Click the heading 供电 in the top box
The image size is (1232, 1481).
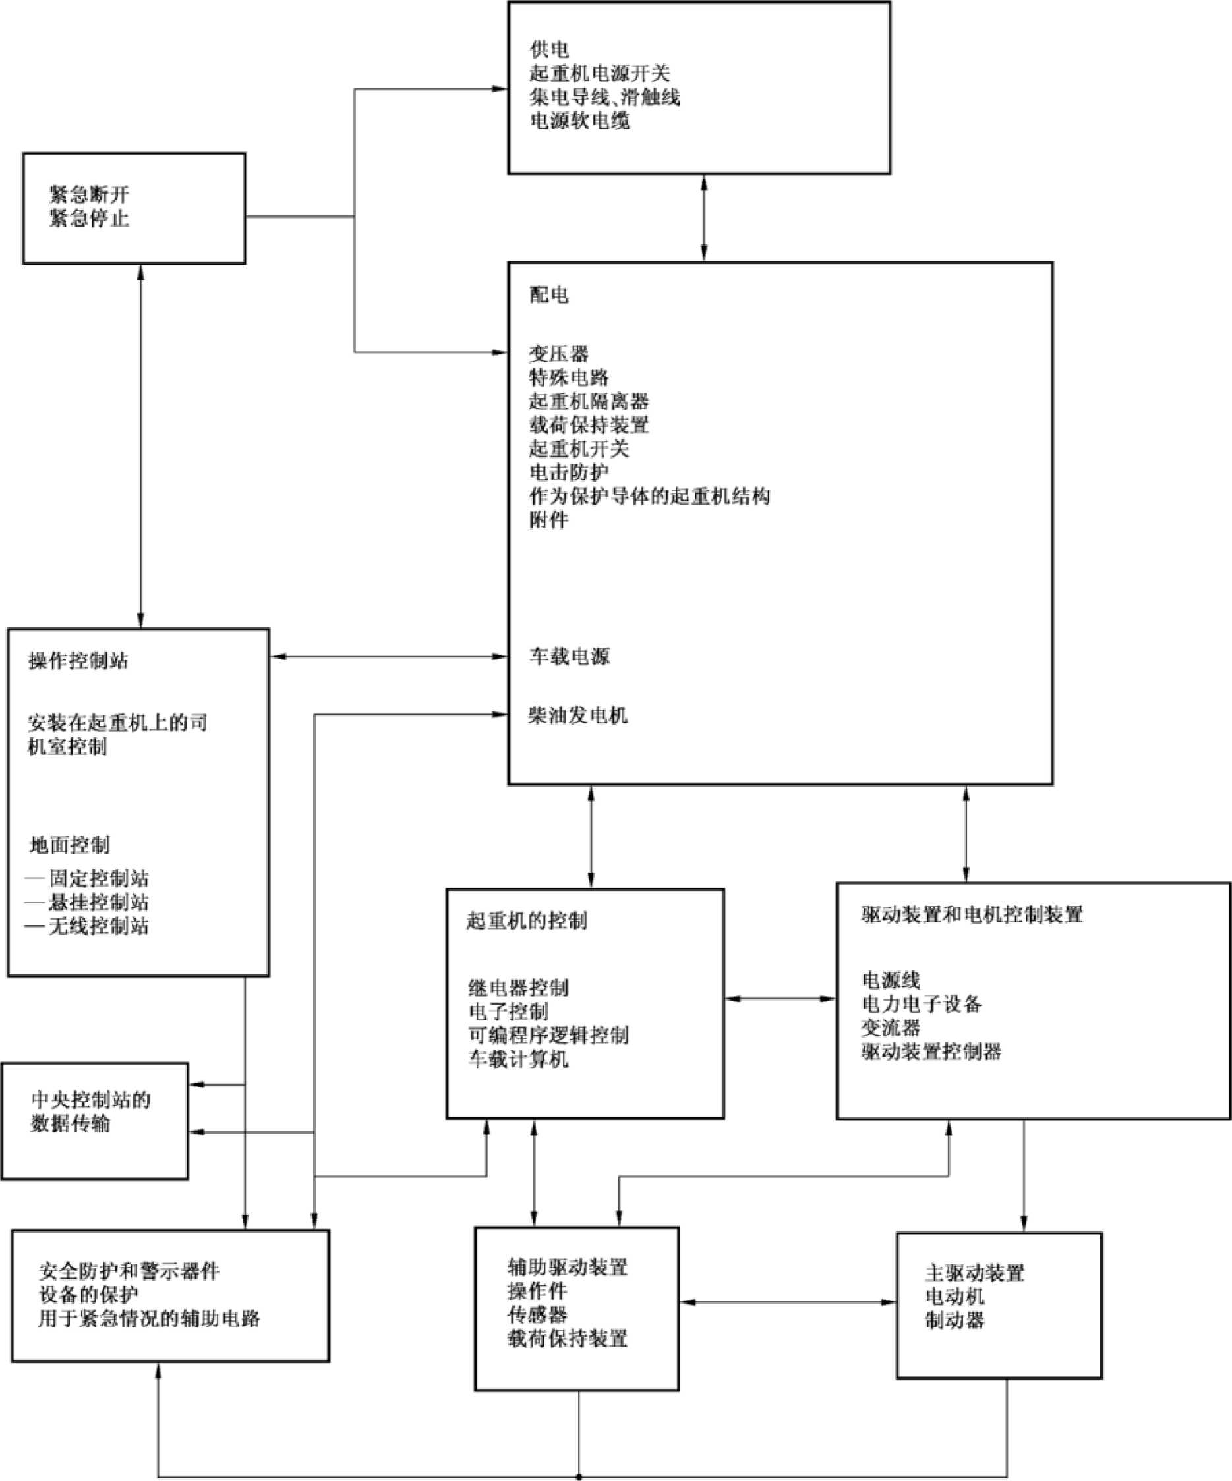click(549, 49)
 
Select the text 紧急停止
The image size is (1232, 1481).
click(89, 218)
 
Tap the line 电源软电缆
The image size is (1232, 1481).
click(579, 121)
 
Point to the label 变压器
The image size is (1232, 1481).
click(559, 353)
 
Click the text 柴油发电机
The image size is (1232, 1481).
click(578, 716)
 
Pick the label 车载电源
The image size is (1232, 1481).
click(570, 657)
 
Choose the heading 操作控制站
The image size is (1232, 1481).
click(78, 661)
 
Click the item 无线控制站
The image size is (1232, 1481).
click(98, 926)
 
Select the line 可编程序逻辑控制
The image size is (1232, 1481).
click(548, 1035)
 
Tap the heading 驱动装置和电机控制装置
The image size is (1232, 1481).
click(972, 914)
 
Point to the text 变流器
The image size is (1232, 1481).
click(891, 1028)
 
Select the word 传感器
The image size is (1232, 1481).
click(538, 1314)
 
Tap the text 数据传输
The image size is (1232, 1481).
click(70, 1123)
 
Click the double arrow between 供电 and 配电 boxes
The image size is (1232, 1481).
click(703, 218)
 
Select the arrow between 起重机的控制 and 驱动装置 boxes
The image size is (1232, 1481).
click(780, 999)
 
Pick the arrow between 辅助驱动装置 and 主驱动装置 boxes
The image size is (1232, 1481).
click(788, 1302)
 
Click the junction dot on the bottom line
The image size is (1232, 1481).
click(579, 1477)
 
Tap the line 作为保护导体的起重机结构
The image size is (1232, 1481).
click(649, 496)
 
